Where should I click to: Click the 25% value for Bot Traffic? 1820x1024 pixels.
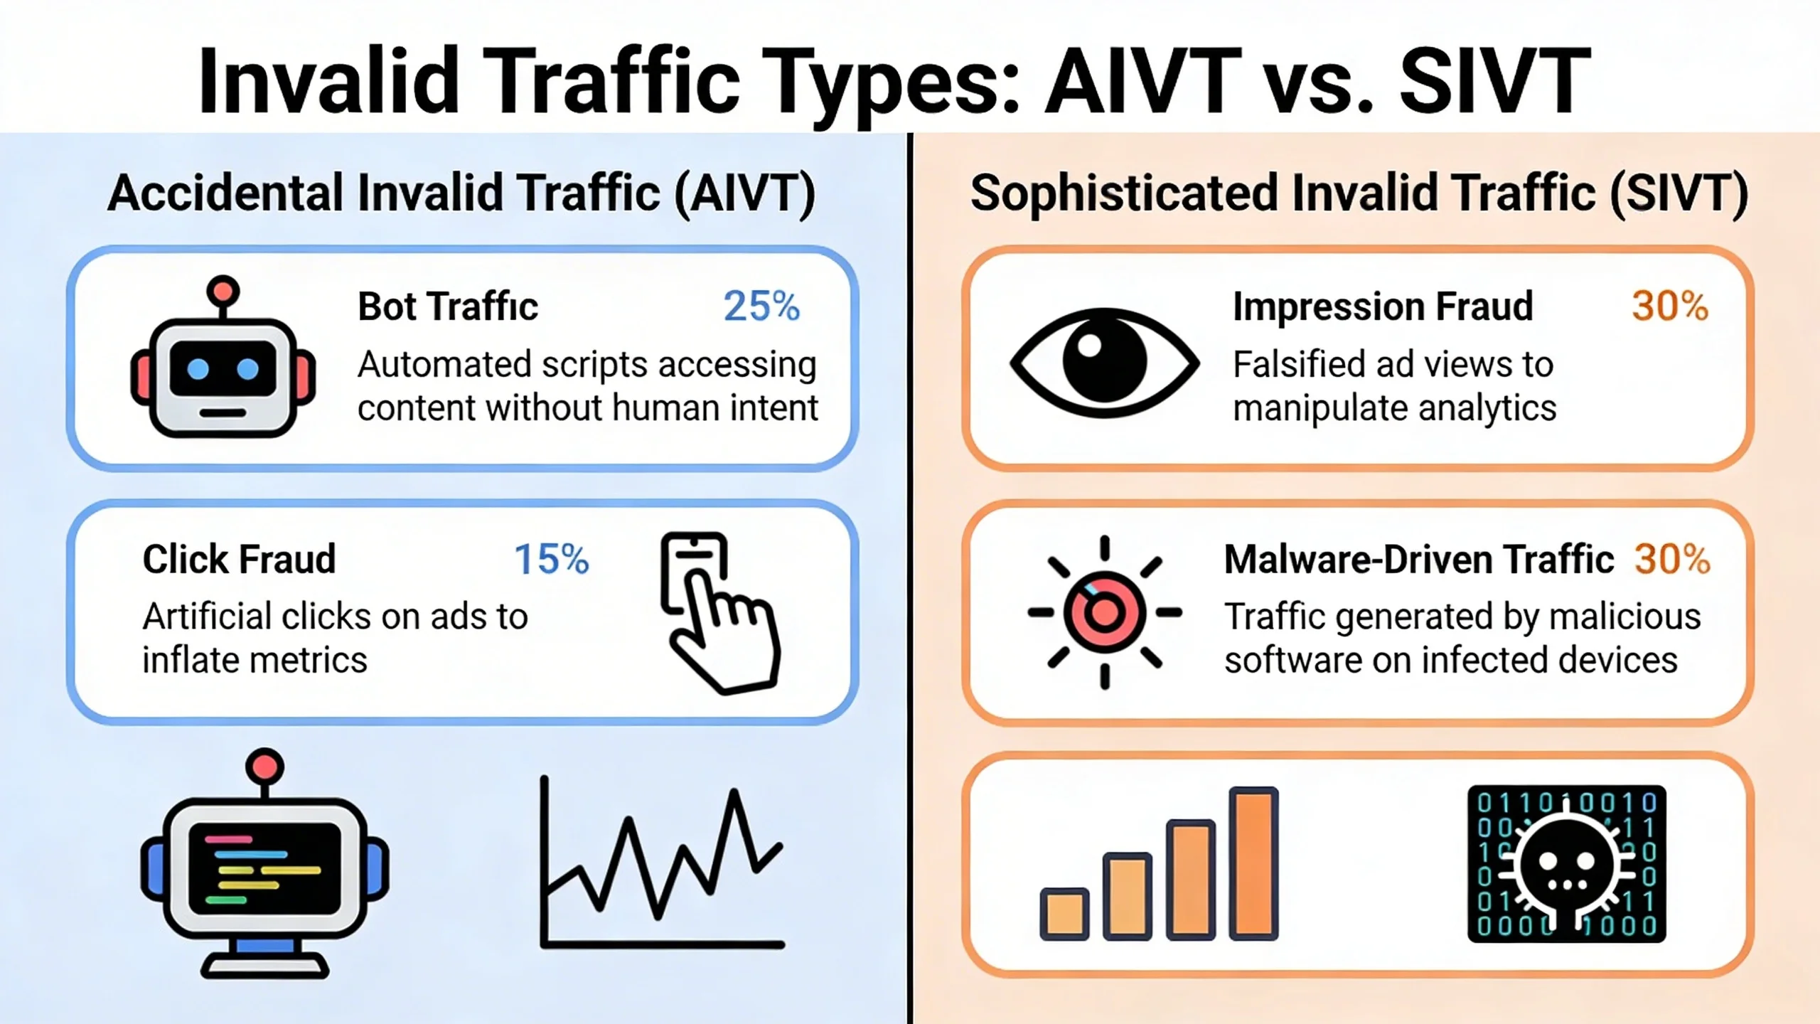point(761,306)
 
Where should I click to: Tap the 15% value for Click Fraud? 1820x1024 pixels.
point(551,559)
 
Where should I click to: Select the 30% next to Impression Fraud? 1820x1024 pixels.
point(1669,306)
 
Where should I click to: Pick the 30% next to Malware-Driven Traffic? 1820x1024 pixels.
point(1672,559)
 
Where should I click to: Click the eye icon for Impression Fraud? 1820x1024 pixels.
point(1104,363)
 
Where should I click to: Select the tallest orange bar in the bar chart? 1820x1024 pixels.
point(1253,863)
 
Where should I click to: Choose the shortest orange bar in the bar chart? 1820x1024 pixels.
point(1064,914)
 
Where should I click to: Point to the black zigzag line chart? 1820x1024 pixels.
point(661,864)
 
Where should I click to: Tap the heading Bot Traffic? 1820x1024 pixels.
point(448,306)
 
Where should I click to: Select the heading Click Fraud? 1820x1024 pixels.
point(239,559)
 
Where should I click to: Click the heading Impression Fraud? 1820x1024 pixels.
point(1383,306)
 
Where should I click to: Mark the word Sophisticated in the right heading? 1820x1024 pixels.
point(1124,193)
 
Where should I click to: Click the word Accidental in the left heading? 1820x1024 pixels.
point(225,193)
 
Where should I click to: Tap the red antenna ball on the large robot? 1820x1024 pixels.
point(264,767)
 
